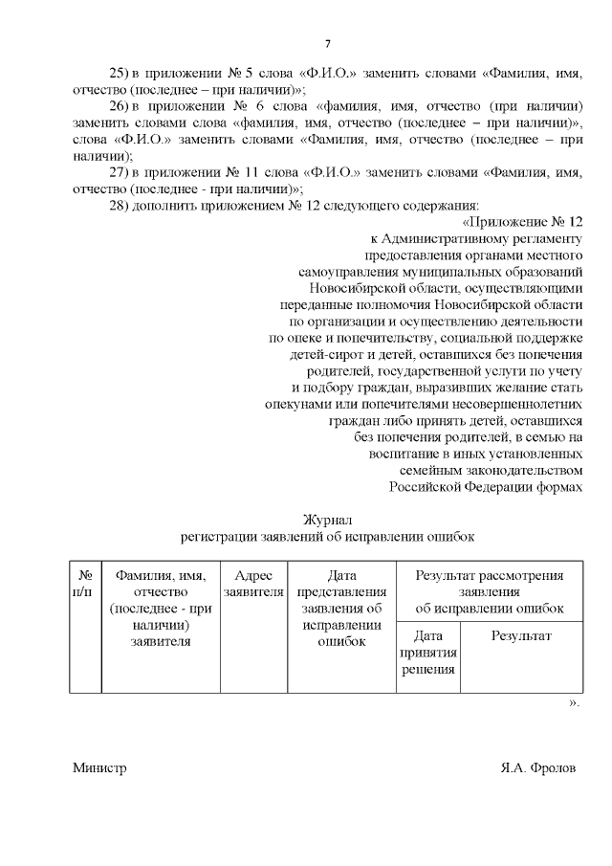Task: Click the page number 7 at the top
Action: click(x=327, y=44)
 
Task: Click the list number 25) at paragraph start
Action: click(x=120, y=74)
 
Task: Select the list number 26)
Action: click(x=120, y=105)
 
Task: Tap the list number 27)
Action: click(x=120, y=173)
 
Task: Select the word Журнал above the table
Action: click(x=327, y=519)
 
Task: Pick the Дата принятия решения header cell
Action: click(x=429, y=652)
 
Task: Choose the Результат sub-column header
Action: click(x=521, y=635)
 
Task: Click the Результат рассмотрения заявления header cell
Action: click(x=489, y=591)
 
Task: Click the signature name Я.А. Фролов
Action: click(x=538, y=768)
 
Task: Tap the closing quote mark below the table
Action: click(x=574, y=702)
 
